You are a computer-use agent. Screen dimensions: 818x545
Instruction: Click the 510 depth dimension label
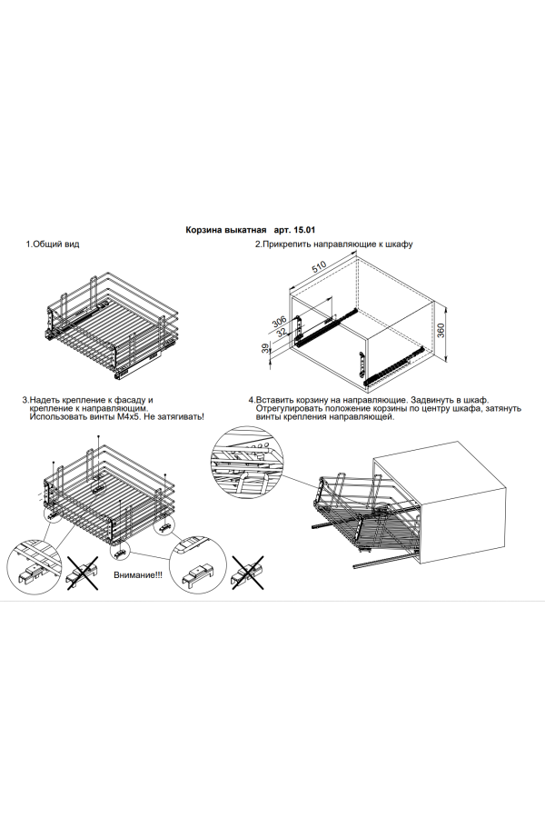coord(318,267)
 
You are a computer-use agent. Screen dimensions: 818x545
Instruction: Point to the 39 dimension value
coord(266,349)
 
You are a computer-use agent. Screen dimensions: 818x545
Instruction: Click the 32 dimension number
coord(282,333)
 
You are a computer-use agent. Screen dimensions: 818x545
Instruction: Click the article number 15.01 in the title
coord(311,232)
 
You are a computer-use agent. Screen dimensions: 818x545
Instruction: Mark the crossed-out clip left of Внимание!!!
coord(82,574)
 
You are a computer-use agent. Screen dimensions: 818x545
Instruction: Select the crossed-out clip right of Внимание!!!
coord(247,574)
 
